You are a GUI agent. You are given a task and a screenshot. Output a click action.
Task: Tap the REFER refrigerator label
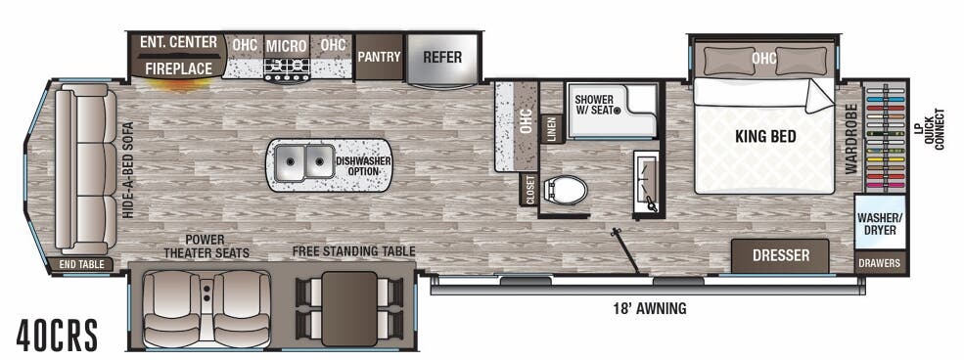pyautogui.click(x=442, y=57)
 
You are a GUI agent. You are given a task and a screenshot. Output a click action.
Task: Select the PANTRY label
pyautogui.click(x=379, y=57)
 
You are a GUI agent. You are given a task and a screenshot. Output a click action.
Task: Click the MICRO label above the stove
pyautogui.click(x=287, y=45)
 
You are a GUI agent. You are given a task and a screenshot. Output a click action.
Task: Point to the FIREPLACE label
pyautogui.click(x=179, y=68)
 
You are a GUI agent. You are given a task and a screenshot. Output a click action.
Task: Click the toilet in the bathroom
pyautogui.click(x=567, y=189)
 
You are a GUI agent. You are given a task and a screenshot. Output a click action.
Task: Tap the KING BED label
pyautogui.click(x=765, y=137)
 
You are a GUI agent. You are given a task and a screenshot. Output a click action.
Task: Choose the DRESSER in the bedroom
pyautogui.click(x=780, y=255)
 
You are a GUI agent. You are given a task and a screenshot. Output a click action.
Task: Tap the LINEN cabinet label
pyautogui.click(x=552, y=130)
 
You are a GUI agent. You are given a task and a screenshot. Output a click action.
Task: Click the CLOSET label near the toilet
pyautogui.click(x=529, y=189)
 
